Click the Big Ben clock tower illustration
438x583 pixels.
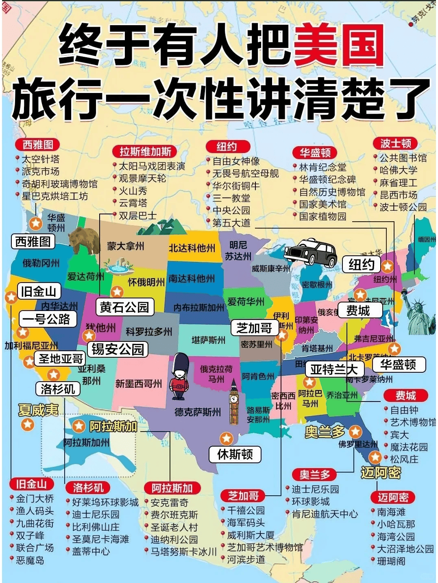click(234, 402)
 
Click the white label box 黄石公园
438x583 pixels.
click(125, 307)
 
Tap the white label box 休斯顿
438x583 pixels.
click(235, 454)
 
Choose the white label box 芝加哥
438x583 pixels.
click(254, 328)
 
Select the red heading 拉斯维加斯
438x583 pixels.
click(145, 152)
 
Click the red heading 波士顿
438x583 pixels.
click(395, 143)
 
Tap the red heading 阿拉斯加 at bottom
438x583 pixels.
click(172, 488)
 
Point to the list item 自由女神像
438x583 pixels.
click(236, 161)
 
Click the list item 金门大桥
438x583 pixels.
click(35, 498)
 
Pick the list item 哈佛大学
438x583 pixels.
click(398, 170)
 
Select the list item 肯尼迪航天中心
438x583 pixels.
click(325, 514)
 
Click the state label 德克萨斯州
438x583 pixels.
click(198, 412)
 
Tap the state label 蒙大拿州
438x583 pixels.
click(125, 246)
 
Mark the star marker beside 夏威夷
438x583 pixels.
click(28, 425)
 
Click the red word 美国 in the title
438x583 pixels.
click(338, 45)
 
